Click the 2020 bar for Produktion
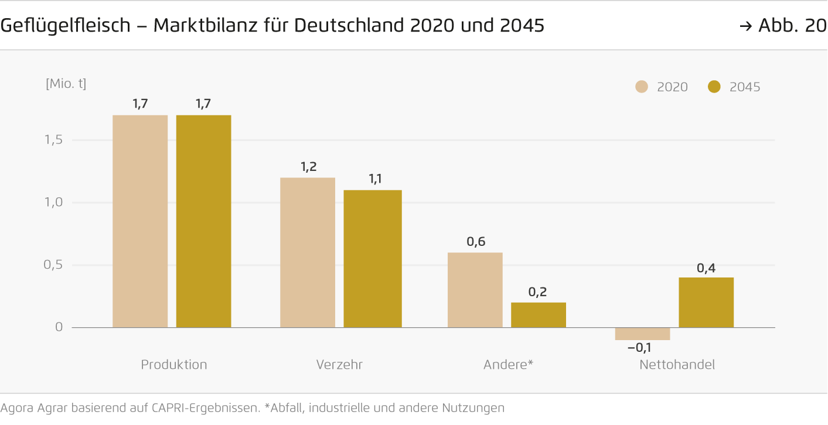140,221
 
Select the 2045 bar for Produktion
203,221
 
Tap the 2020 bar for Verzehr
308,252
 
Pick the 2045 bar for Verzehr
373,259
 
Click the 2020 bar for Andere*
475,290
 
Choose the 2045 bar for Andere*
539,315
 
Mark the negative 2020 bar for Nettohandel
642,334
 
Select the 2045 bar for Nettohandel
706,302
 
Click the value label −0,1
639,348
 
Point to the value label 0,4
706,268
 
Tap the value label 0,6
476,242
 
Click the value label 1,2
308,167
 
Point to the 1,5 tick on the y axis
53,140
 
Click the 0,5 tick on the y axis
53,265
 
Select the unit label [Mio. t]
66,84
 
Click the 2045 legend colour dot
714,87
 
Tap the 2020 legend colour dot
642,87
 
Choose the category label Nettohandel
677,365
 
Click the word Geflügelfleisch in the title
65,26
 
